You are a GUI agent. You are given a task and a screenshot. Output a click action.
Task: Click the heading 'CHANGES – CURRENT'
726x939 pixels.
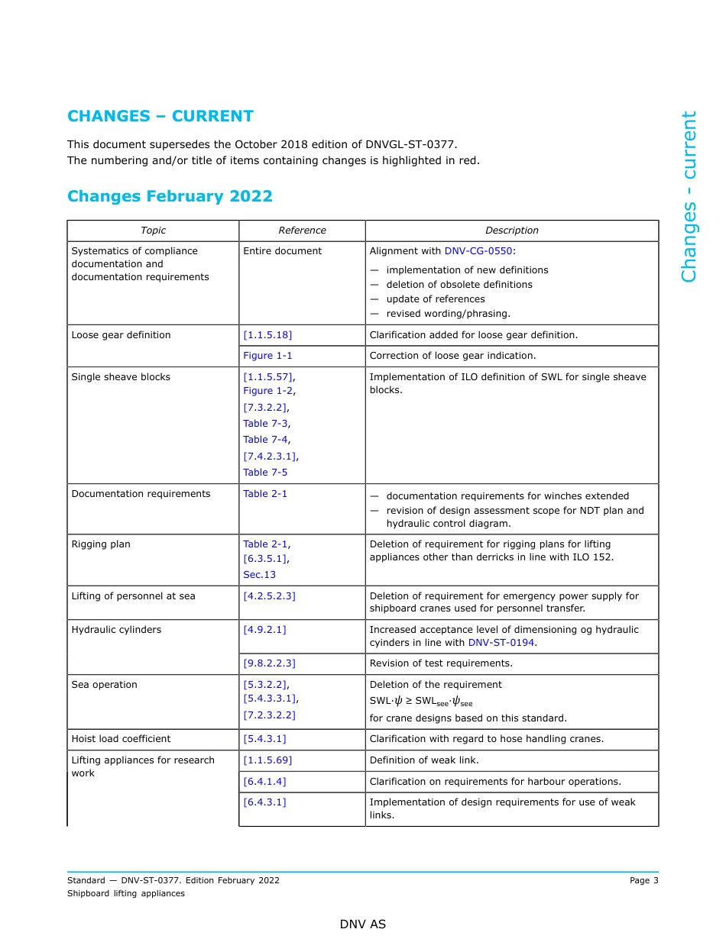click(x=160, y=116)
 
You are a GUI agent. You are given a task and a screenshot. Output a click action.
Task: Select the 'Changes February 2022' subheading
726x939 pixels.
click(x=170, y=196)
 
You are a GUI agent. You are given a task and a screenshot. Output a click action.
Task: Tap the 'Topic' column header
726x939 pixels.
click(x=153, y=231)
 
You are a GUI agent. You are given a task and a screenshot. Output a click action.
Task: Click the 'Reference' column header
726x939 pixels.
click(x=302, y=231)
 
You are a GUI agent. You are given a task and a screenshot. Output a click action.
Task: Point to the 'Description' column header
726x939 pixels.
click(x=511, y=231)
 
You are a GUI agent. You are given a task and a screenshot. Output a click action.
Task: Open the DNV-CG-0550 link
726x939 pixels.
click(x=478, y=251)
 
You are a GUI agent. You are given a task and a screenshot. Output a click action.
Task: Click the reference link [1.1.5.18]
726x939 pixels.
click(x=267, y=335)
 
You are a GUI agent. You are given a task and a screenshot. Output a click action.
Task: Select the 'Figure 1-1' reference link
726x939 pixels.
click(x=267, y=356)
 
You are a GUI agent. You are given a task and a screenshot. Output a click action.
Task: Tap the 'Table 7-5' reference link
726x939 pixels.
click(x=265, y=473)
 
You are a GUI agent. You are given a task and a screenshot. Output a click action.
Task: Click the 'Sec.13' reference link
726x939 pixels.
click(x=259, y=575)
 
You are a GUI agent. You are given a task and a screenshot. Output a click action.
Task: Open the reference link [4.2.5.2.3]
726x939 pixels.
click(x=269, y=596)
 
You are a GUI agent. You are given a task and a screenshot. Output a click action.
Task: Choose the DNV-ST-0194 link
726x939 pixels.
click(x=501, y=643)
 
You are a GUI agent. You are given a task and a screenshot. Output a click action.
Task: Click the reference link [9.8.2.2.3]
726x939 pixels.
click(x=269, y=663)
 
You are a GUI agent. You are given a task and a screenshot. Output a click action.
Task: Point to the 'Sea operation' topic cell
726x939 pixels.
click(x=105, y=685)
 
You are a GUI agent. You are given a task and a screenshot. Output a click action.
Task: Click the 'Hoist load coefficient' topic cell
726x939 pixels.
click(x=121, y=739)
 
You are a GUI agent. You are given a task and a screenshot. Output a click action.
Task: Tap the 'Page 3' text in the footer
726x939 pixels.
click(x=643, y=880)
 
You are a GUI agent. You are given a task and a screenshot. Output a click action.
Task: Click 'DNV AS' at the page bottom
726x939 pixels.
click(x=363, y=924)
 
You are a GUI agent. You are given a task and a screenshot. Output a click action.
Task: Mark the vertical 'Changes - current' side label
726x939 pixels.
click(x=689, y=197)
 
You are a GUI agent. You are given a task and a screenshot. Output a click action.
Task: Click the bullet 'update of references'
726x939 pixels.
click(x=435, y=299)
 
